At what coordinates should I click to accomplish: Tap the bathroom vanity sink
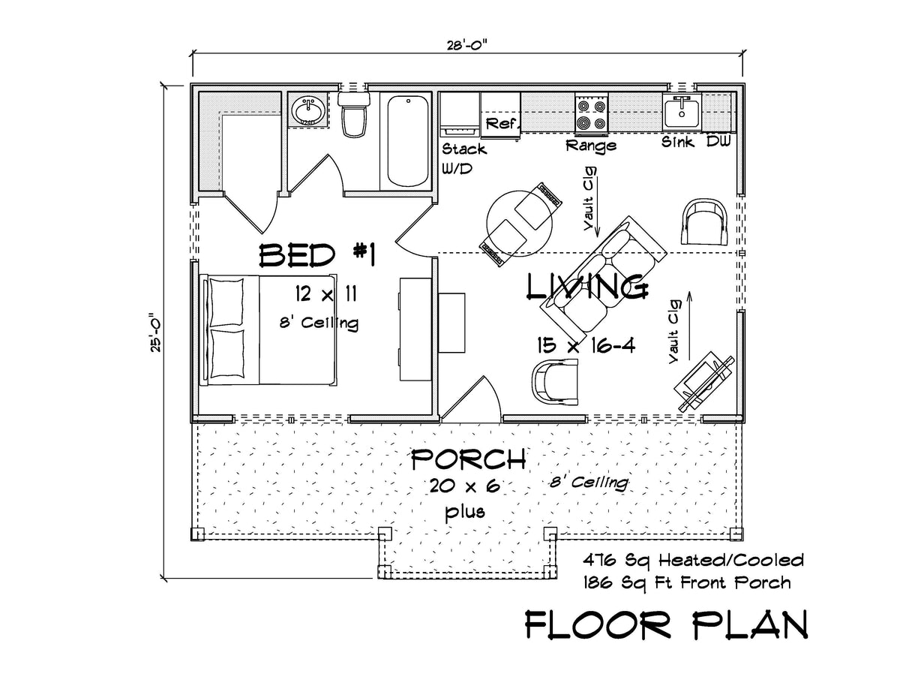(x=306, y=112)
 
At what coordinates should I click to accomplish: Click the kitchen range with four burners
(x=591, y=113)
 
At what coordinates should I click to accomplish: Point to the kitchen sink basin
(x=682, y=113)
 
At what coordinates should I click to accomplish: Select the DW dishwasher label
(x=718, y=142)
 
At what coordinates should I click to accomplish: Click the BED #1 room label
(x=316, y=256)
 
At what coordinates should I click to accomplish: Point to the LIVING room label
(x=586, y=287)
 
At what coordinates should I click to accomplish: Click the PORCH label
(x=467, y=458)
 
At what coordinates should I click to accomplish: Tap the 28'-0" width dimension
(x=467, y=43)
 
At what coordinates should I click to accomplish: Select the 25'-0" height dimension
(x=155, y=331)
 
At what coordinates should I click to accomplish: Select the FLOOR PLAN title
(x=665, y=625)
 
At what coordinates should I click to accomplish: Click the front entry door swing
(x=469, y=396)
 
